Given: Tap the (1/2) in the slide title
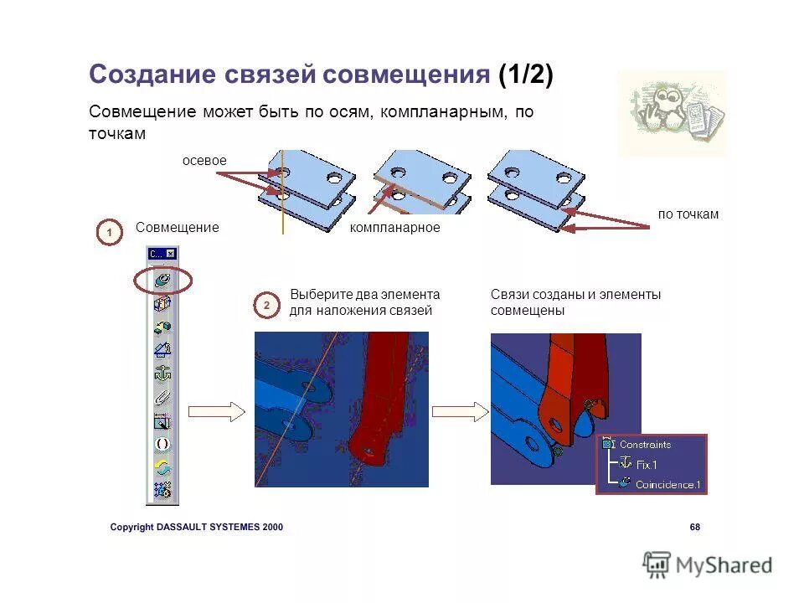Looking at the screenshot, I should [x=525, y=75].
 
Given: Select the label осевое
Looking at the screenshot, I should [x=204, y=160].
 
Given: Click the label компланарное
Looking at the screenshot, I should [x=394, y=228].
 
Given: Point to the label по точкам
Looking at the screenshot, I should [x=688, y=214].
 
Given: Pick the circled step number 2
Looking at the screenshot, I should [x=266, y=307].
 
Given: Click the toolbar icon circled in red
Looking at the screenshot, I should [x=163, y=281].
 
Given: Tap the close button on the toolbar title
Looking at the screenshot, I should [x=171, y=254].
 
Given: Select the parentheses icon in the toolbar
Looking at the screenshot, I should [x=162, y=444].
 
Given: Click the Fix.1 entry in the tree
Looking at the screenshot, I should [x=646, y=464].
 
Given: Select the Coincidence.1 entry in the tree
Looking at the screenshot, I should [x=667, y=484].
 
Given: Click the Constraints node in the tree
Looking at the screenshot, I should [x=645, y=445].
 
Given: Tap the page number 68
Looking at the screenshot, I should [x=694, y=527].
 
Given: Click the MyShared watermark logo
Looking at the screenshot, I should [x=708, y=565].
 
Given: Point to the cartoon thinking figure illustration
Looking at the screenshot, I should [x=671, y=113].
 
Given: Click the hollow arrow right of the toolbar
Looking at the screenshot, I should [x=216, y=411].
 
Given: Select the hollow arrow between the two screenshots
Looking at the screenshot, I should [x=460, y=411].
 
